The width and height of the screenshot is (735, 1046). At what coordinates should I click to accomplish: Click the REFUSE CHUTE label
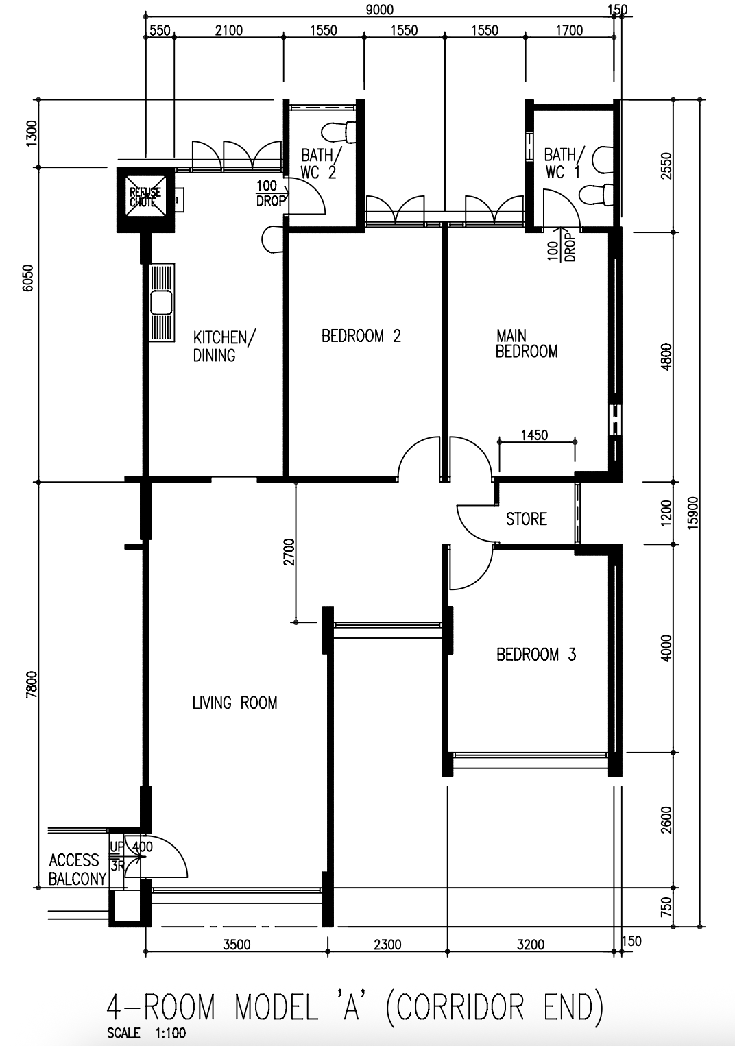pyautogui.click(x=145, y=197)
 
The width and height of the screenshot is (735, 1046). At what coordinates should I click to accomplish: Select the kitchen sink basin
pyautogui.click(x=162, y=302)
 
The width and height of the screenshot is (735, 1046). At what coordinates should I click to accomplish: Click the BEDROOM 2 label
pyautogui.click(x=361, y=336)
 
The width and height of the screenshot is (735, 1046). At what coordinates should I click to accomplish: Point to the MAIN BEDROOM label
pyautogui.click(x=527, y=343)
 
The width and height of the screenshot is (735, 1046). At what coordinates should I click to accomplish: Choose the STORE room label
pyautogui.click(x=527, y=519)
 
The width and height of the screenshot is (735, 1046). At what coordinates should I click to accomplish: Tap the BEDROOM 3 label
pyautogui.click(x=536, y=655)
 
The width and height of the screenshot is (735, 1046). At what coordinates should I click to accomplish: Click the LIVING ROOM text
pyautogui.click(x=234, y=703)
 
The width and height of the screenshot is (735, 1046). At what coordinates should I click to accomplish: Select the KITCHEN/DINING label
pyautogui.click(x=224, y=346)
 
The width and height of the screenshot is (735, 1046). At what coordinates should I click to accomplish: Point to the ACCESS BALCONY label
pyautogui.click(x=77, y=869)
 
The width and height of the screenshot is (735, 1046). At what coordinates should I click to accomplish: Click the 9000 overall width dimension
pyautogui.click(x=379, y=10)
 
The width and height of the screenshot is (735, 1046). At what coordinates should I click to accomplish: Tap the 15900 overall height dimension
pyautogui.click(x=692, y=513)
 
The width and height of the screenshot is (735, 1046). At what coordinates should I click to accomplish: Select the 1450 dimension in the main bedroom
pyautogui.click(x=534, y=435)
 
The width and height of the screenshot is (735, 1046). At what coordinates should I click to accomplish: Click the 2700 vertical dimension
pyautogui.click(x=289, y=552)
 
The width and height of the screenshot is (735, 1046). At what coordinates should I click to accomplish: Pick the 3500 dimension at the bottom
pyautogui.click(x=237, y=945)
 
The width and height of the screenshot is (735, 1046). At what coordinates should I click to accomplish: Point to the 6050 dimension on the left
pyautogui.click(x=28, y=278)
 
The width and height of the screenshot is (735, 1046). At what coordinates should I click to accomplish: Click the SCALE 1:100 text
pyautogui.click(x=146, y=1032)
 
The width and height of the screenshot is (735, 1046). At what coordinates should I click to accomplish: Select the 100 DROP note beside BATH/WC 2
pyautogui.click(x=270, y=193)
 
